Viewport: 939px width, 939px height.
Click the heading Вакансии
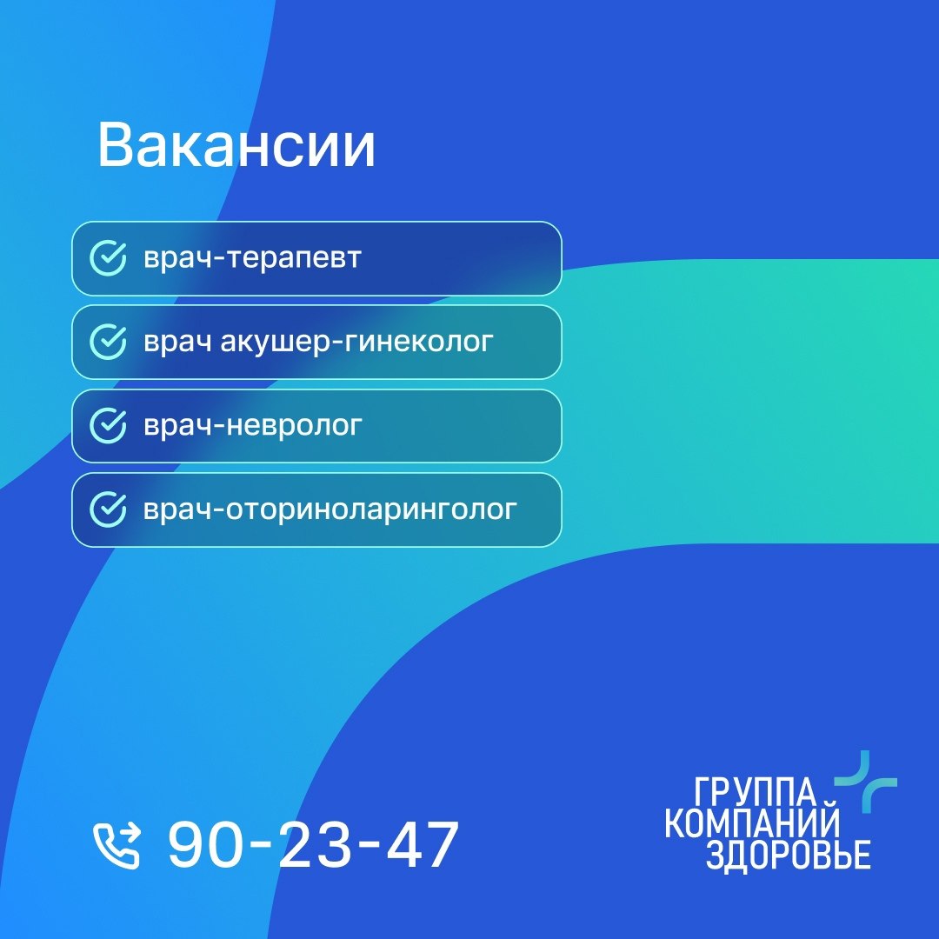point(236,145)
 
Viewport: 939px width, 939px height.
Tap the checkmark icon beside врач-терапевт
point(109,258)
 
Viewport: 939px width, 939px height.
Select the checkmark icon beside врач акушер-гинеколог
point(109,342)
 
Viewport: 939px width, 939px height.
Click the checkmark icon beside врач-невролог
point(109,426)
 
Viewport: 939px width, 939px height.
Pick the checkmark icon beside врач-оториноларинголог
point(109,509)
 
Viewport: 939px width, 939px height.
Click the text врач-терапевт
point(253,259)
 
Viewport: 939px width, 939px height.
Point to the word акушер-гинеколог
point(357,343)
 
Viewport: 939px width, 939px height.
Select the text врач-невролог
point(253,426)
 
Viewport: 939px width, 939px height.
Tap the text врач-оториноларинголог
point(330,510)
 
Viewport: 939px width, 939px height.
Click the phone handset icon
point(117,845)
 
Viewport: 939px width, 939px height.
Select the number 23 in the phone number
point(315,844)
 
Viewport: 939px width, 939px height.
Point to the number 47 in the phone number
point(423,844)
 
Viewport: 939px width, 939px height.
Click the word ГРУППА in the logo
point(756,792)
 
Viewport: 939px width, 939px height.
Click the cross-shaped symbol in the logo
point(866,782)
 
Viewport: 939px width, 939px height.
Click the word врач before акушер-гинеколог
point(177,343)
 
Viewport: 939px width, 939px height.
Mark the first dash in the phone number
point(259,843)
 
